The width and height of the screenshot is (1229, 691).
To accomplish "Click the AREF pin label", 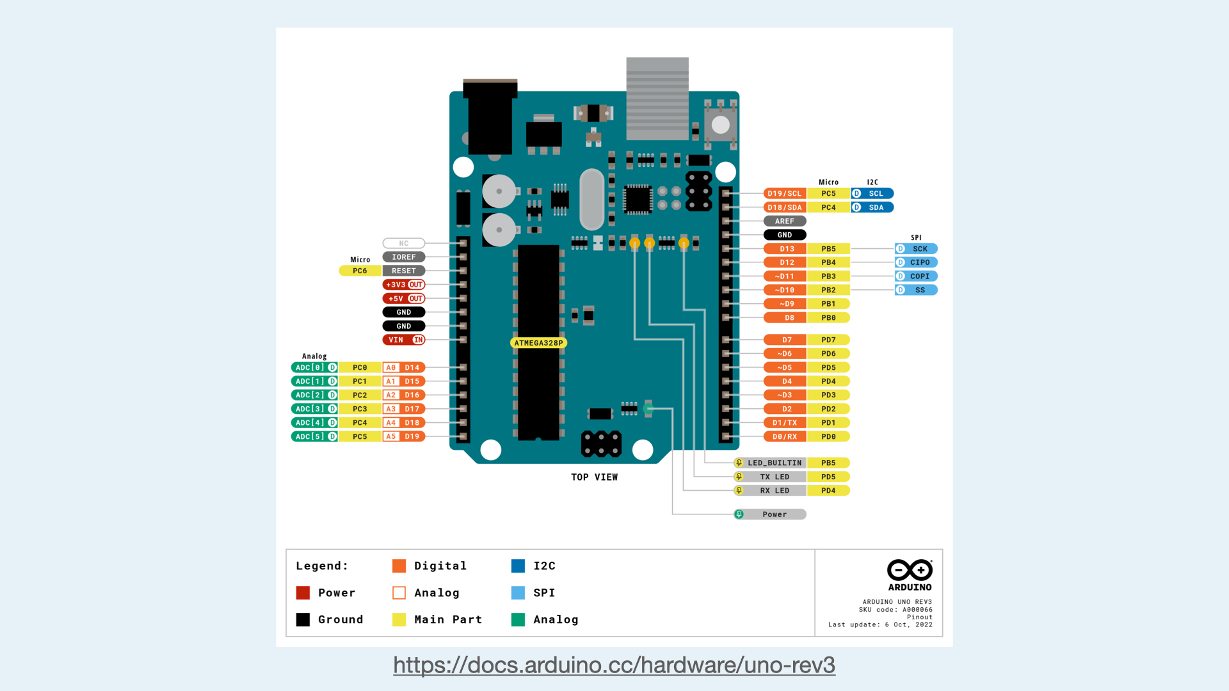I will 784,221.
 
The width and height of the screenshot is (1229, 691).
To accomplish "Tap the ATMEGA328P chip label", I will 538,343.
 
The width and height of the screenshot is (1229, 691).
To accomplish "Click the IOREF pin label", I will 403,257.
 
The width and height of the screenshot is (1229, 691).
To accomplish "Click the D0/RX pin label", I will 785,437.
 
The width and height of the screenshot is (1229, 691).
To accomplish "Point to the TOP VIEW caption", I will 594,477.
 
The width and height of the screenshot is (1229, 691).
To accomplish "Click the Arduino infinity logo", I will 910,569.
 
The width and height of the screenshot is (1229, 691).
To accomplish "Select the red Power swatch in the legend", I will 303,593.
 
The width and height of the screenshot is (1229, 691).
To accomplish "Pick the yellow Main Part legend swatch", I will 399,620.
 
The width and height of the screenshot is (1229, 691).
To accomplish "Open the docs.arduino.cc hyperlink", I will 614,665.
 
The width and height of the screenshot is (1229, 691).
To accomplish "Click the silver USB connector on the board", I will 657,99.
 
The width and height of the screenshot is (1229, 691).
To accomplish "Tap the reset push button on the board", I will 721,125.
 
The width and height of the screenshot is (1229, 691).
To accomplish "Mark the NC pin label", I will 403,244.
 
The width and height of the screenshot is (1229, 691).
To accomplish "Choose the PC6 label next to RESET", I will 360,271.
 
